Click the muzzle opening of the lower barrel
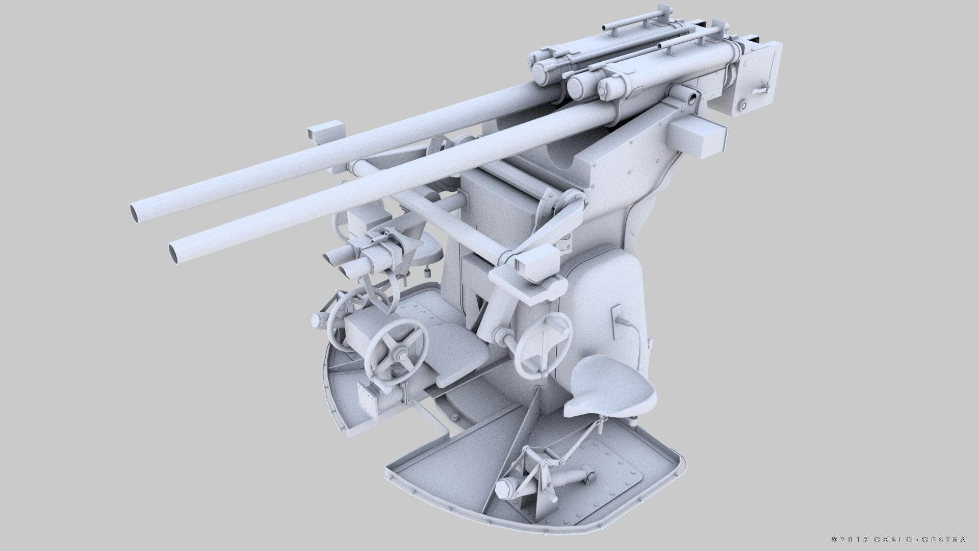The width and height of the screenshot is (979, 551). (177, 252)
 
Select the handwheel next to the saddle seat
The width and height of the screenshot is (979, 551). (543, 344)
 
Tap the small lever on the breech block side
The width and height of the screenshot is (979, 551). (760, 90)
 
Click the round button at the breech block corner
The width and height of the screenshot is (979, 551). (743, 106)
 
